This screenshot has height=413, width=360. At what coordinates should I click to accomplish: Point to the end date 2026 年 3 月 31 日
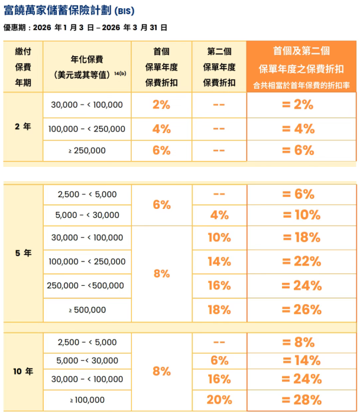click(138, 27)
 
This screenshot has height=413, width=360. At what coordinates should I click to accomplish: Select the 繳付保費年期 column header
click(23, 67)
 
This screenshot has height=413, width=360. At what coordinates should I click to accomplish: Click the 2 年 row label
click(23, 127)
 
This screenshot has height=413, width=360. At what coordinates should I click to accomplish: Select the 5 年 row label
click(23, 253)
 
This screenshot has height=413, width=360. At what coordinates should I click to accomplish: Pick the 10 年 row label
click(23, 372)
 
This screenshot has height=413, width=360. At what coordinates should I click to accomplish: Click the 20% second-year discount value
click(219, 400)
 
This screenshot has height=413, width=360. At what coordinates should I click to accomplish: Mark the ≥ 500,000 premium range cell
click(87, 309)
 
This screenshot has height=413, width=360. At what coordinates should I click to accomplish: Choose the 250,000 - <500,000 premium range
click(87, 286)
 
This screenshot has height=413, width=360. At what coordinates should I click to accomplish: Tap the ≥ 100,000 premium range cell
click(87, 400)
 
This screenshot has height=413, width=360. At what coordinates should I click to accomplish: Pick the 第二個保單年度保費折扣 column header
click(219, 67)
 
